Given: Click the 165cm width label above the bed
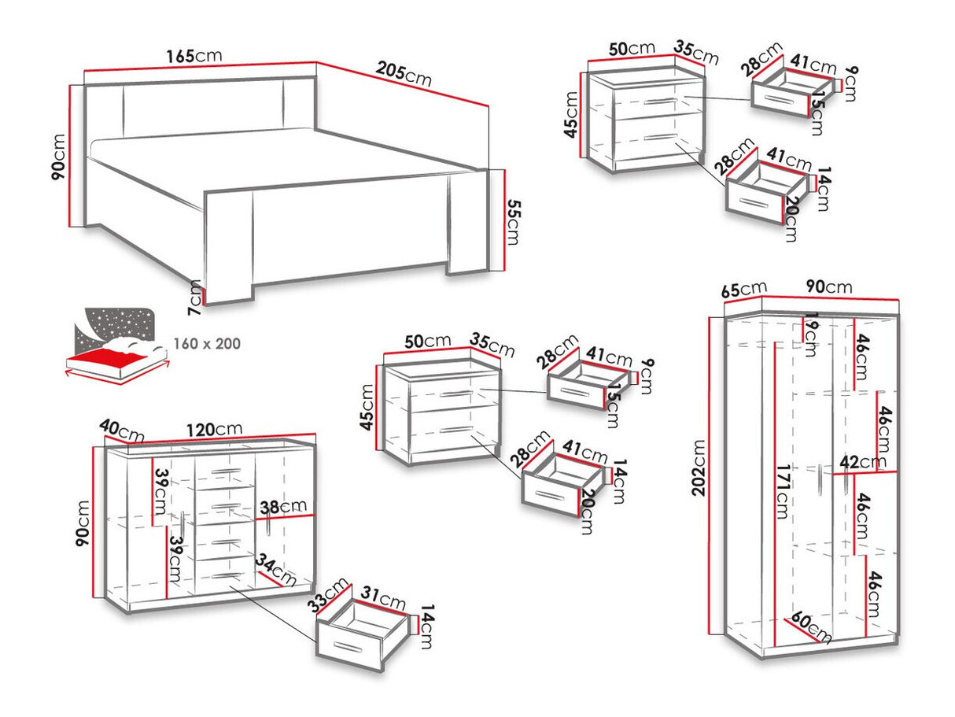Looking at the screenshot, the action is [194, 56].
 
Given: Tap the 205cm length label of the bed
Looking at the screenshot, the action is [404, 74].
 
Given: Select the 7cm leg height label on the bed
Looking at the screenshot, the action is [195, 298].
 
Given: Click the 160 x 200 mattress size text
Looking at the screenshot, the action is [207, 344].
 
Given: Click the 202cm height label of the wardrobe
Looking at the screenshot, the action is [699, 468].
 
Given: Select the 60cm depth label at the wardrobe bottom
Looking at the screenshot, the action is [811, 627].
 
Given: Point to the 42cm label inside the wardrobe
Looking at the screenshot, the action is [862, 462].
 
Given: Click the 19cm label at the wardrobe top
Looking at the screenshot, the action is [809, 334].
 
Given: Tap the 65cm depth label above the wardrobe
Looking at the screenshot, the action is [744, 290].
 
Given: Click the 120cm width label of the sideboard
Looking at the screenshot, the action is [215, 430].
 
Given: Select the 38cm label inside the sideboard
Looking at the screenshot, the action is [283, 506].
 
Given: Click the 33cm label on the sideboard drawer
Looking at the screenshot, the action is [328, 594].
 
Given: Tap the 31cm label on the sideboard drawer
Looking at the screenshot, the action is [383, 599].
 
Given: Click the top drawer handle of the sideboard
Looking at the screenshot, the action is [226, 472].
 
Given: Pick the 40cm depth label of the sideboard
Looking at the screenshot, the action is [122, 431].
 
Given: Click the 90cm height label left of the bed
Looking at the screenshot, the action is [58, 157].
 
